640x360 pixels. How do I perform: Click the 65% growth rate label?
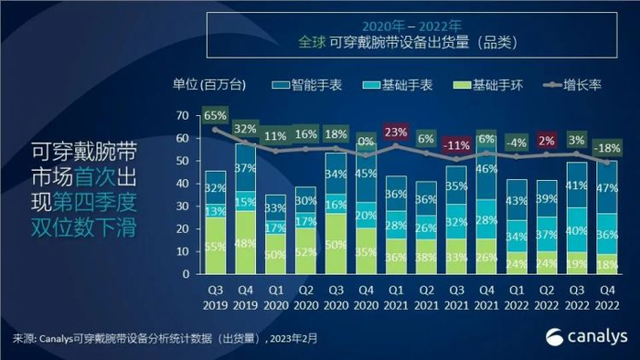coord(216,116)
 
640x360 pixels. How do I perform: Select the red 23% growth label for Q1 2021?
coord(395,132)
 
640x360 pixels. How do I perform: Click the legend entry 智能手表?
coord(309,85)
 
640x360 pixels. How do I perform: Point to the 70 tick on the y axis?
coord(183,115)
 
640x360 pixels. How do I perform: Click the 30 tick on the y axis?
coord(183,206)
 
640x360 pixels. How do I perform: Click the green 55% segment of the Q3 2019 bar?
coord(216,246)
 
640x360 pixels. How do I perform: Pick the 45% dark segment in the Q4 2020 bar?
coord(366,174)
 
